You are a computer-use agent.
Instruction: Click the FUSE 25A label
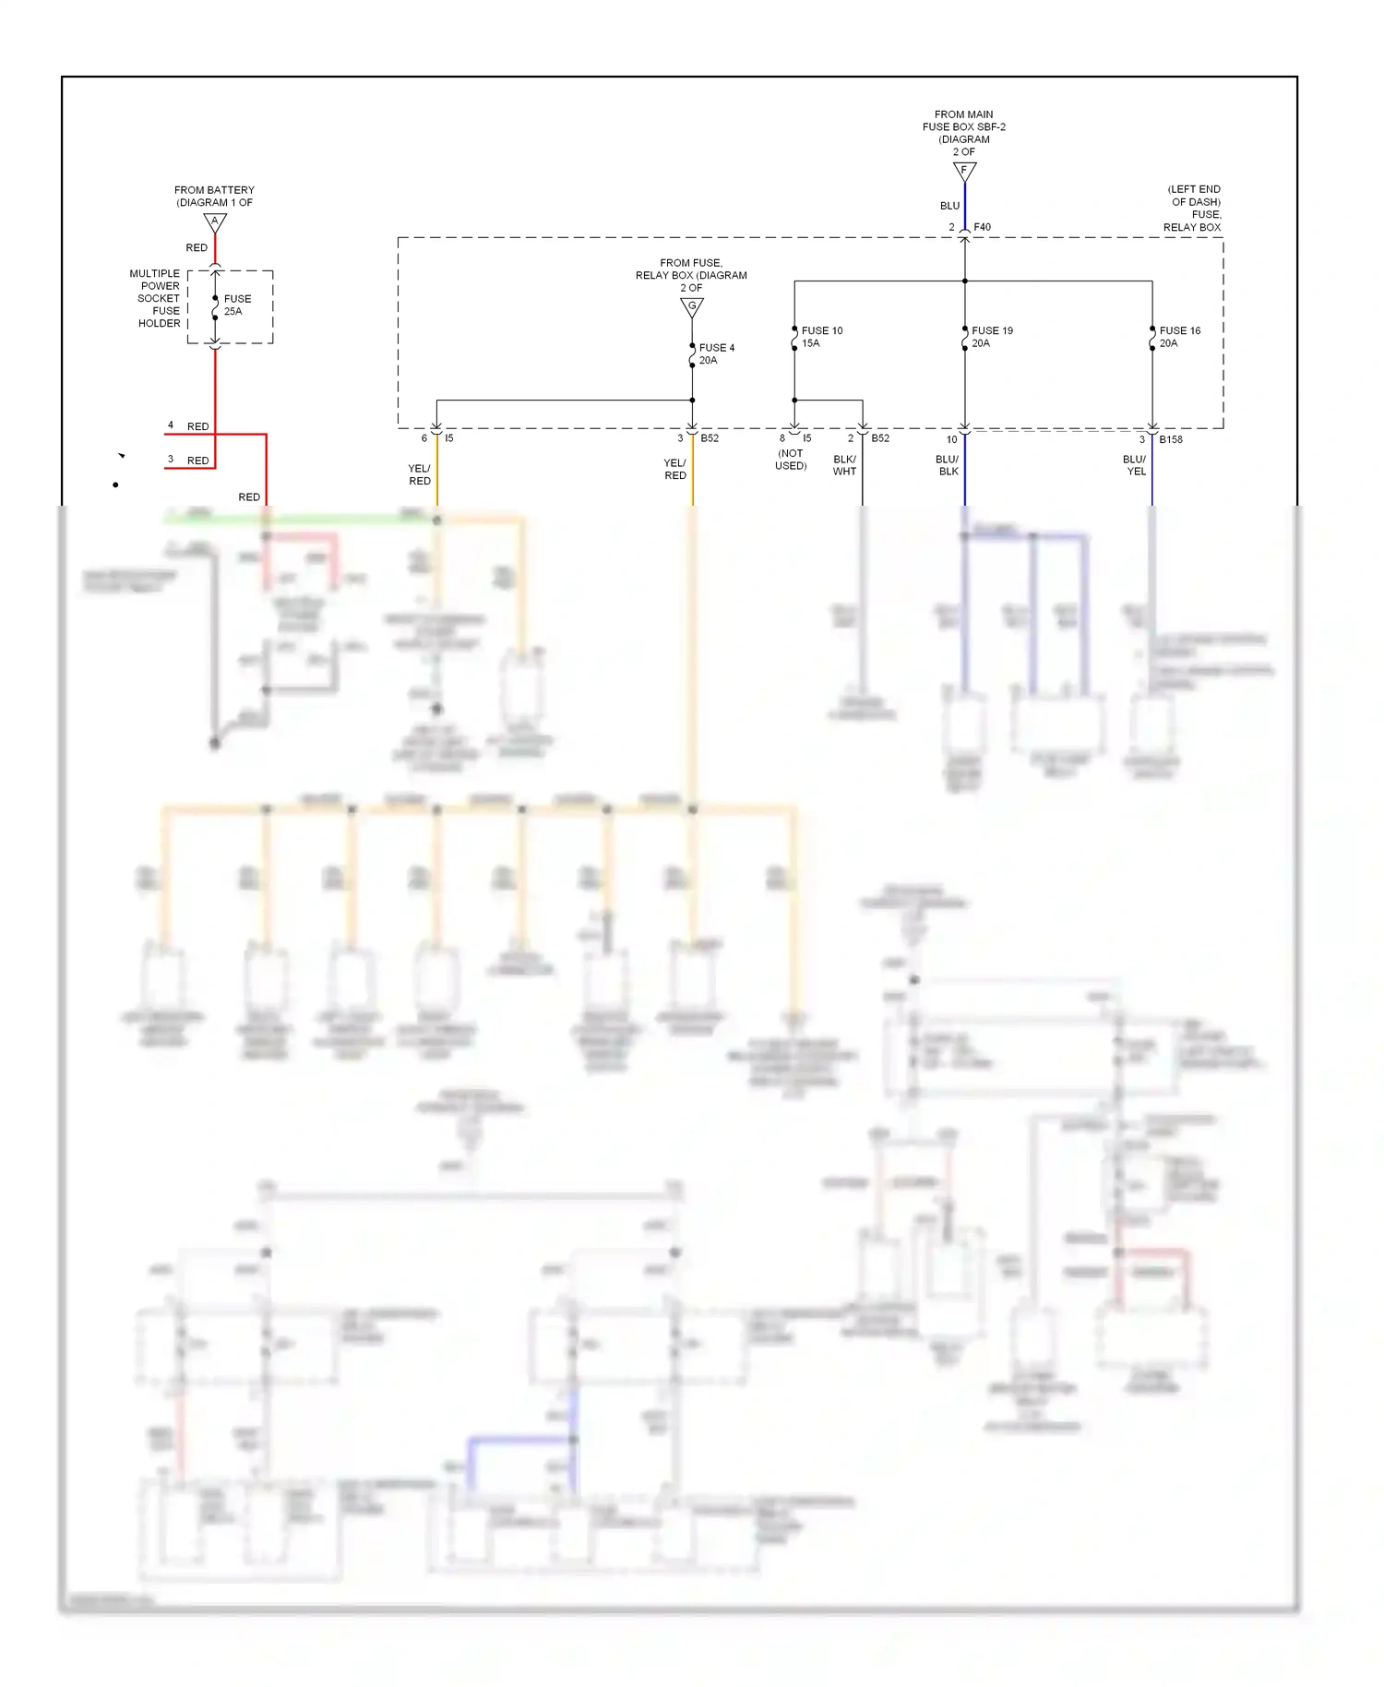pyautogui.click(x=236, y=305)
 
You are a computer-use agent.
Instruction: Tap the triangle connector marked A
pyautogui.click(x=215, y=222)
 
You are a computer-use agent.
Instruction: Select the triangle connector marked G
pyautogui.click(x=692, y=307)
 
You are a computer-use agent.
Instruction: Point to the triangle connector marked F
pyautogui.click(x=964, y=172)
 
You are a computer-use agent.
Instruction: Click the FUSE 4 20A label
pyautogui.click(x=716, y=354)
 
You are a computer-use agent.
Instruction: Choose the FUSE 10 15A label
pyautogui.click(x=821, y=337)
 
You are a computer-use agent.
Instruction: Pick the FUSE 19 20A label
pyautogui.click(x=991, y=337)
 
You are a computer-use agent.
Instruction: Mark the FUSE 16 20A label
pyautogui.click(x=1179, y=337)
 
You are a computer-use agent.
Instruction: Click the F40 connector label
pyautogui.click(x=982, y=227)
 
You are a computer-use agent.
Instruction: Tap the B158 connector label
pyautogui.click(x=1170, y=439)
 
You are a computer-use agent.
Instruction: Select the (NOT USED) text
pyautogui.click(x=791, y=460)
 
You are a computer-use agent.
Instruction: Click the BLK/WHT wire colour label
pyautogui.click(x=844, y=465)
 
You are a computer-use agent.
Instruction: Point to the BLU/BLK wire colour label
pyautogui.click(x=948, y=465)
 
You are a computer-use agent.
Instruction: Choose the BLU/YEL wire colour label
pyautogui.click(x=1135, y=465)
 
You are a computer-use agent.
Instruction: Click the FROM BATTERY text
pyautogui.click(x=214, y=190)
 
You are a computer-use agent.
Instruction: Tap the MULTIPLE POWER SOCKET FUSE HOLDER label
pyautogui.click(x=156, y=298)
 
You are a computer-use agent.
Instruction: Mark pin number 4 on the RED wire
pyautogui.click(x=171, y=425)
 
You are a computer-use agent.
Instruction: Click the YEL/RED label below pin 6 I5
pyautogui.click(x=419, y=474)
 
